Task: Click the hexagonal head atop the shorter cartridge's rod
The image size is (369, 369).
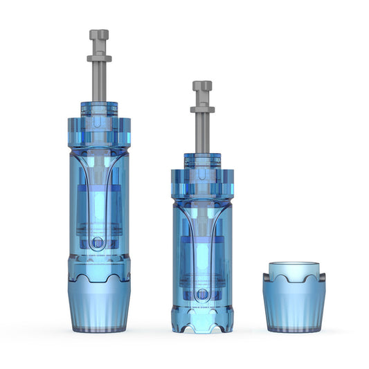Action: (x=202, y=87)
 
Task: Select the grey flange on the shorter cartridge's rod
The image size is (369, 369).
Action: (x=202, y=109)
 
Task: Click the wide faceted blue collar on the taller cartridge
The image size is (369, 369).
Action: (x=99, y=132)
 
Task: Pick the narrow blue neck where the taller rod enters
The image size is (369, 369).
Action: (x=99, y=109)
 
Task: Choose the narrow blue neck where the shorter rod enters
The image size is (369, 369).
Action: (x=202, y=160)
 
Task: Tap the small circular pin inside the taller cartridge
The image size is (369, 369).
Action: (x=98, y=243)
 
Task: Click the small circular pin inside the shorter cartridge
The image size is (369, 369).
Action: (x=201, y=294)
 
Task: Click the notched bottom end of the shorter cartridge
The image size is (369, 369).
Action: (x=201, y=322)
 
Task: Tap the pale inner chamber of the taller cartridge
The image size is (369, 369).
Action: (x=99, y=208)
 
